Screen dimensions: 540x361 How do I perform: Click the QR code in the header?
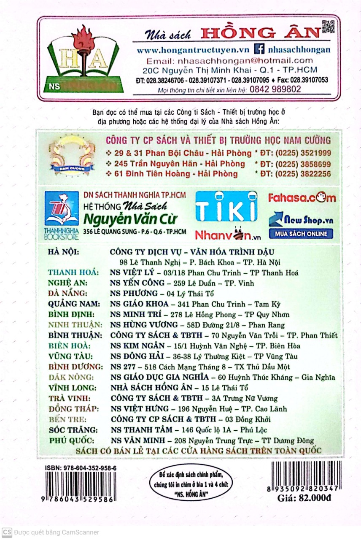click(x=328, y=26)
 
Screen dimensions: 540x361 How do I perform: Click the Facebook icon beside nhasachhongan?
click(x=260, y=49)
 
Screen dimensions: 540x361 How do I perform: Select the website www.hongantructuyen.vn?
click(x=193, y=50)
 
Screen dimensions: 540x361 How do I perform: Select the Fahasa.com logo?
click(x=302, y=197)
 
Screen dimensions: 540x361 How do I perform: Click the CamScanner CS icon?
click(x=7, y=532)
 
